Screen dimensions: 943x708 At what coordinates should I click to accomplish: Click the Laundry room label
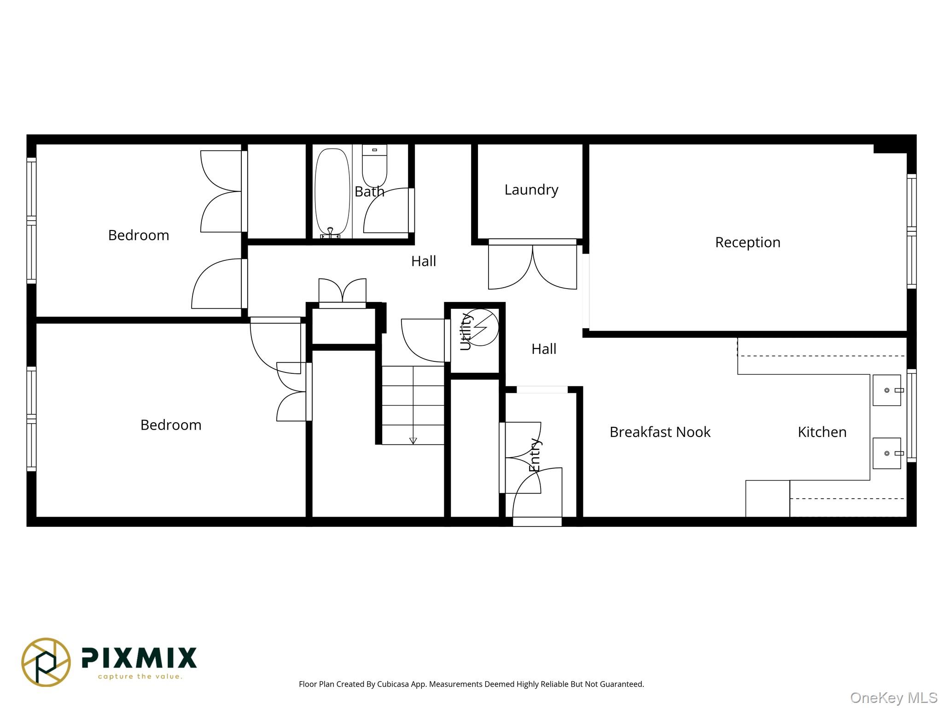[531, 190]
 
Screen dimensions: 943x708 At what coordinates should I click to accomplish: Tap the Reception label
[748, 242]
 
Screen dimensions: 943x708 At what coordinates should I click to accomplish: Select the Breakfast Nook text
[660, 432]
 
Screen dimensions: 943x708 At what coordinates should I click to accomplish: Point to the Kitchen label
[822, 432]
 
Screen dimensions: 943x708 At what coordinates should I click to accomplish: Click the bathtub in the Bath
[332, 193]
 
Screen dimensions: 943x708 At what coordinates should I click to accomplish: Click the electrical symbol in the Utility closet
[481, 327]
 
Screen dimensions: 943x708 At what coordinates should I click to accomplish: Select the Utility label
[466, 331]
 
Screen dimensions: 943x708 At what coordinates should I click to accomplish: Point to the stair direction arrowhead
[413, 441]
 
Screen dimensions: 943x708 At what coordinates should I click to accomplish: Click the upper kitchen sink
[887, 390]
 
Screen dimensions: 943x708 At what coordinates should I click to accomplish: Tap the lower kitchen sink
[887, 454]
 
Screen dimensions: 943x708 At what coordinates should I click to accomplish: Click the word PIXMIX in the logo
[139, 658]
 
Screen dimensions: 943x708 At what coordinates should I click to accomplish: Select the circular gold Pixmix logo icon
[46, 662]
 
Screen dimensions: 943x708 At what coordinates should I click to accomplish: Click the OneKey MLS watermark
[894, 698]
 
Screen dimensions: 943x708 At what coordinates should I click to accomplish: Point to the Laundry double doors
[533, 265]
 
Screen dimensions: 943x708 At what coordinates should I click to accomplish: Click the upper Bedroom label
[139, 236]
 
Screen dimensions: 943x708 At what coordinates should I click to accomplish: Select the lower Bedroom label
[171, 425]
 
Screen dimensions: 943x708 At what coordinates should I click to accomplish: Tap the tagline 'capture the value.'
[140, 677]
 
